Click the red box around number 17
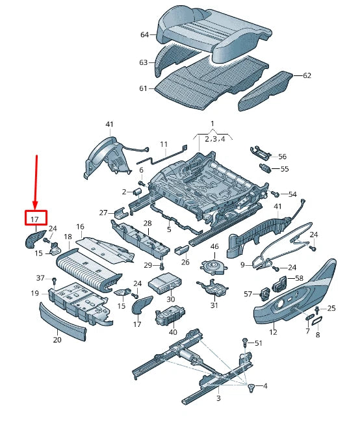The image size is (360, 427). coord(36,211)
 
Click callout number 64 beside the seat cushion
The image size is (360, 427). coord(144,35)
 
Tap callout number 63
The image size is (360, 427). coord(143,62)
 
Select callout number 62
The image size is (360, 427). coord(307,75)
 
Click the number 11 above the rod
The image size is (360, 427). coord(164,144)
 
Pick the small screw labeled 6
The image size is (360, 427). coord(141,183)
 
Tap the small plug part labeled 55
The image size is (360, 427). coord(266,168)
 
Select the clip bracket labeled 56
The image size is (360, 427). coord(260,152)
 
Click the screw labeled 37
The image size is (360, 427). coord(54,280)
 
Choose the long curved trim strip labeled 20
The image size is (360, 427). coord(62,322)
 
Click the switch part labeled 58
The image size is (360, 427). coord(280,284)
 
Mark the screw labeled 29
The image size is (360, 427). coord(162,266)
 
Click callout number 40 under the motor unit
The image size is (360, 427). coord(173,332)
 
